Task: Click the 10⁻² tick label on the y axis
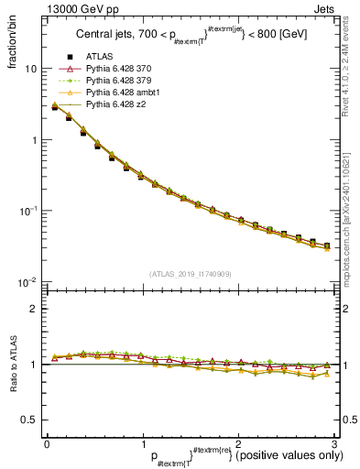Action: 27,282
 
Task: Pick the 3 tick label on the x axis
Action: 334,444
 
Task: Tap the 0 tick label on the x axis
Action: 47,444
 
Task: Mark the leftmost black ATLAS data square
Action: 55,107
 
